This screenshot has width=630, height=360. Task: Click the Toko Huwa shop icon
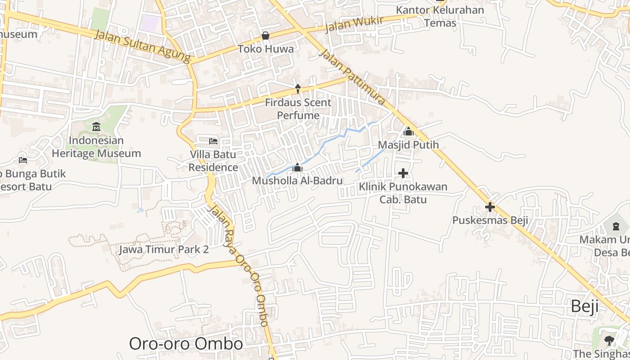[265, 36]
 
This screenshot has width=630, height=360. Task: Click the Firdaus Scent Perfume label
[298, 109]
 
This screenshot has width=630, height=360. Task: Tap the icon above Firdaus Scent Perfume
[297, 89]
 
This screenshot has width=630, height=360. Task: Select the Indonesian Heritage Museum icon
[96, 127]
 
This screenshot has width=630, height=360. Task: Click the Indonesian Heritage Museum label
[96, 147]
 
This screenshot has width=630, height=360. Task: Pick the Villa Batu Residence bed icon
[213, 141]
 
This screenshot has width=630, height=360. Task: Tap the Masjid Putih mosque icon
[408, 131]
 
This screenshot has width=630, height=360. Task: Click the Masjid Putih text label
[408, 145]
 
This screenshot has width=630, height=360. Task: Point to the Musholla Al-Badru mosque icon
[297, 168]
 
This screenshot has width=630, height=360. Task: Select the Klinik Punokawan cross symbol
[403, 173]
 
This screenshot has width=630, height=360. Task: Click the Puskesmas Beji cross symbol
[490, 207]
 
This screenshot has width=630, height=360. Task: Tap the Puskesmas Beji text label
[490, 220]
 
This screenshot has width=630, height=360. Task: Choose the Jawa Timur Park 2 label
[164, 249]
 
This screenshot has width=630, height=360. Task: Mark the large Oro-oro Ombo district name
[186, 344]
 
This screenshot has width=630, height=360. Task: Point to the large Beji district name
[585, 306]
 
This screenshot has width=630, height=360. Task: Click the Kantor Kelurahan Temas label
[440, 16]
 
